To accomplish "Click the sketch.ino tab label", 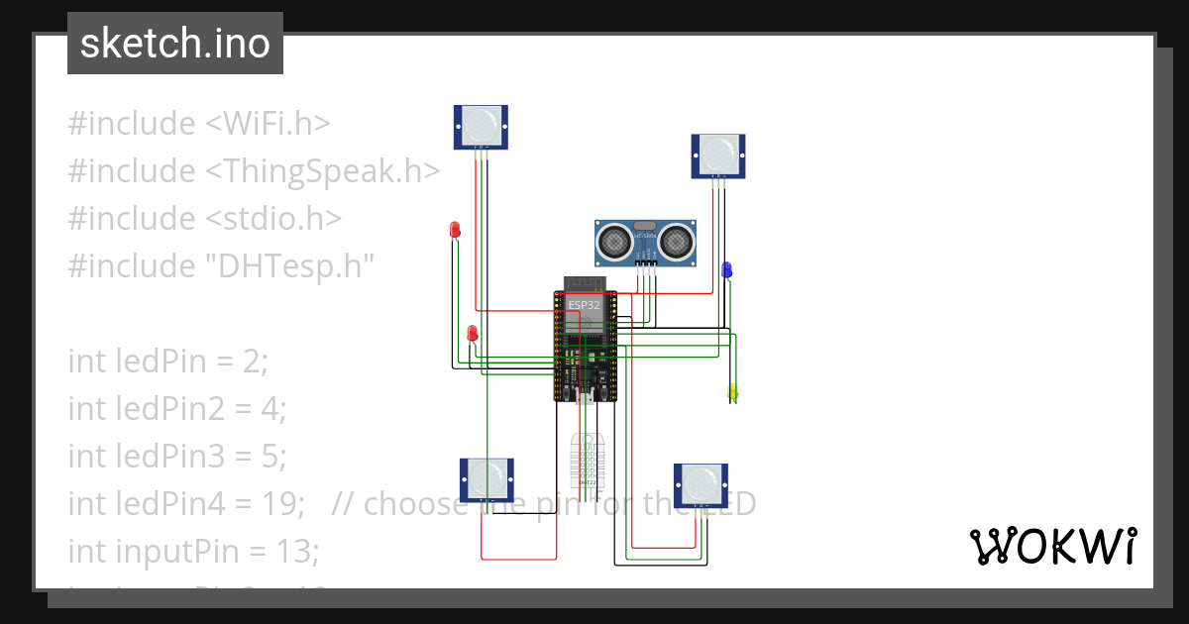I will pos(175,44).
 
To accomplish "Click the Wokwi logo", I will pos(1052,546).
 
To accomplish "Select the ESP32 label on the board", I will pos(584,305).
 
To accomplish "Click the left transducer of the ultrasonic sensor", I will pos(615,240).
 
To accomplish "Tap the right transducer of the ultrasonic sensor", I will pos(677,240).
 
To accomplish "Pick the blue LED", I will pos(726,268).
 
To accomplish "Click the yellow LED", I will pos(732,392).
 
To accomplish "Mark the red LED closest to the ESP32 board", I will pos(473,333).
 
